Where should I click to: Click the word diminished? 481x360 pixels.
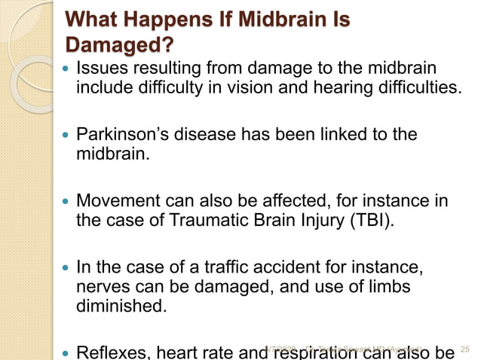[117, 307]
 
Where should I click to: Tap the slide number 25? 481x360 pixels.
[464, 349]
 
